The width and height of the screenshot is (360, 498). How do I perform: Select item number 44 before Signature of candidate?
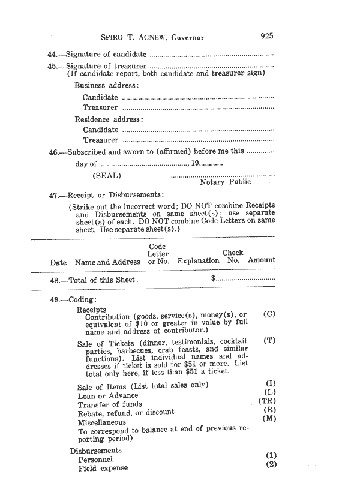(x=52, y=55)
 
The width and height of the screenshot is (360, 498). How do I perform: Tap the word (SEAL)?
(x=107, y=175)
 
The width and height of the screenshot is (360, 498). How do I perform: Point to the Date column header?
(x=58, y=261)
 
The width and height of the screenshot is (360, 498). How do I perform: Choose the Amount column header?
(x=262, y=260)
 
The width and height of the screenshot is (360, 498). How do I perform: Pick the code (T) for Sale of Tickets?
(x=269, y=341)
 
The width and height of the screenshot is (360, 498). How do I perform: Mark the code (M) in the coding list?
(x=268, y=419)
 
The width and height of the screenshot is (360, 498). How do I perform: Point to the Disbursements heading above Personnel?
(x=95, y=450)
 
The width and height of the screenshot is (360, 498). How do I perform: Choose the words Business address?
(x=106, y=85)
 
